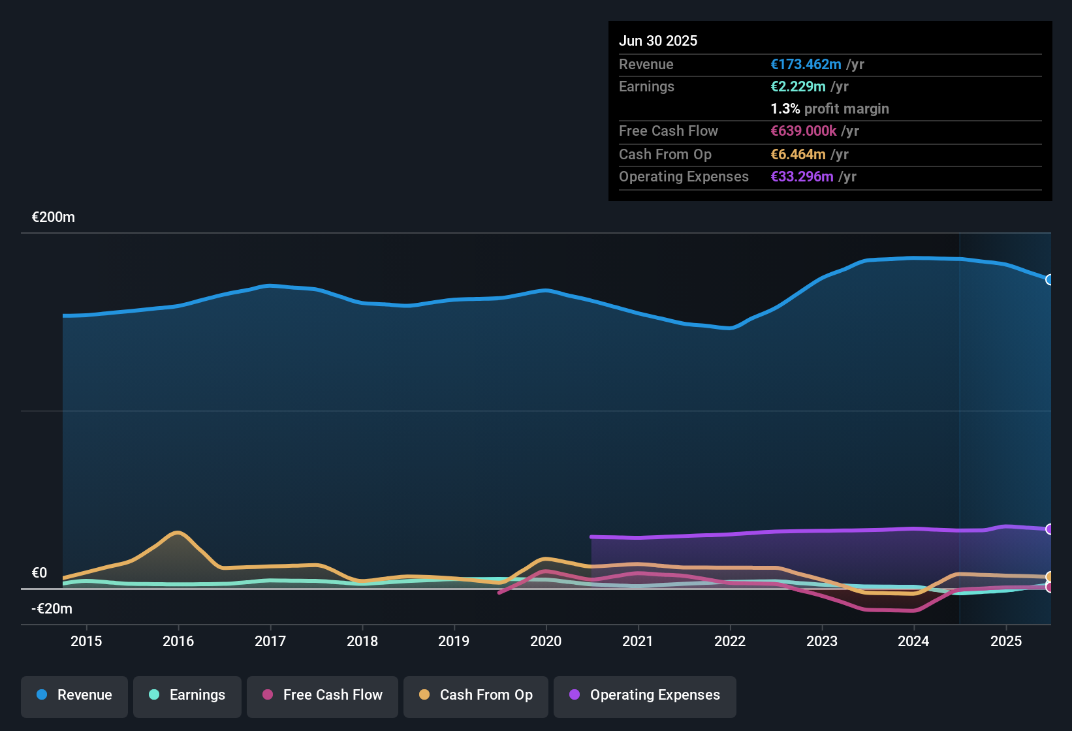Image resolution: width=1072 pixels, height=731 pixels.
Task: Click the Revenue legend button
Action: [x=74, y=695]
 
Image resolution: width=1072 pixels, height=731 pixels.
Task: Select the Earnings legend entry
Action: [x=187, y=695]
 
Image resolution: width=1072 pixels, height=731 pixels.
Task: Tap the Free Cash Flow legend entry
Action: [x=323, y=695]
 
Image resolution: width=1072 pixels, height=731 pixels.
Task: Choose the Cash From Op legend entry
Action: [x=476, y=695]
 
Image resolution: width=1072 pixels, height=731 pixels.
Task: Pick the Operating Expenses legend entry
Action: [x=645, y=695]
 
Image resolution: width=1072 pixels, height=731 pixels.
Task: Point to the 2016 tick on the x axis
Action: [x=178, y=641]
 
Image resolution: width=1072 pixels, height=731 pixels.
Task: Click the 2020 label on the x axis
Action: [x=546, y=641]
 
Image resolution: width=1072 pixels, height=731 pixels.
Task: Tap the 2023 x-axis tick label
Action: [x=822, y=641]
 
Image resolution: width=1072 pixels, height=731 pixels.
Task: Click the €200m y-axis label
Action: [x=54, y=217]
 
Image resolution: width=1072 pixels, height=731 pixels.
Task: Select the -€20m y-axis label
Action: [x=52, y=609]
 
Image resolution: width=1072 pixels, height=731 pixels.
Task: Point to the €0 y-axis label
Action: [x=40, y=573]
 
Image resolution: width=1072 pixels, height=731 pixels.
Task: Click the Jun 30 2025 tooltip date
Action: [x=658, y=41]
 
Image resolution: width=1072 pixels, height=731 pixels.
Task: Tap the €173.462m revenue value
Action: [x=806, y=65]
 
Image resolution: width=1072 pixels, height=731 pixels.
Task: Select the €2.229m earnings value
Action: [x=798, y=87]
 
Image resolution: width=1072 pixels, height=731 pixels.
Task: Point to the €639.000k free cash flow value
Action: [x=804, y=131]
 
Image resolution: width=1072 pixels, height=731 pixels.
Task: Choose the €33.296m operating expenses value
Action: [x=802, y=177]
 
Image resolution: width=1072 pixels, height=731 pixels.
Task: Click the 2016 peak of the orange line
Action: [x=177, y=533]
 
